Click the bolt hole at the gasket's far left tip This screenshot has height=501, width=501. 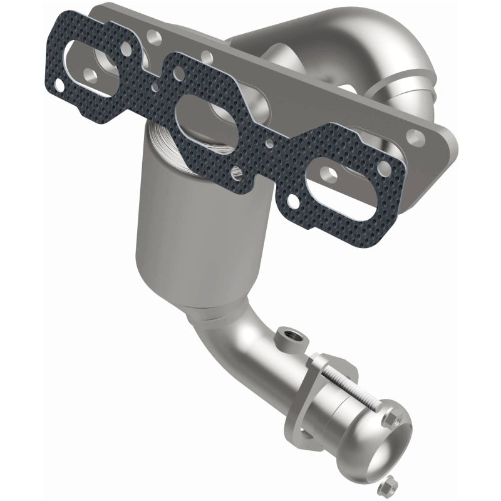(x=58, y=84)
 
